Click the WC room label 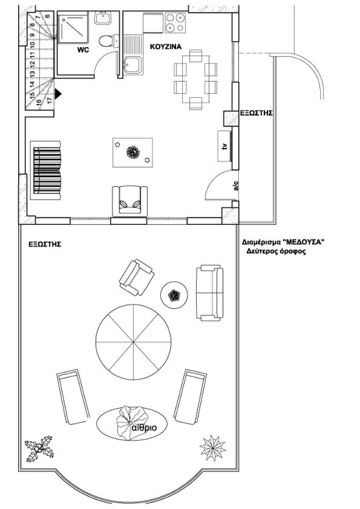click(x=83, y=50)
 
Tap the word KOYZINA click(x=166, y=47)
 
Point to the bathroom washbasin click(x=103, y=18)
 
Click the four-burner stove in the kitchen click(x=175, y=23)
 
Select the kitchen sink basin click(x=133, y=65)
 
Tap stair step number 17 click(x=50, y=100)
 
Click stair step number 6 click(x=47, y=16)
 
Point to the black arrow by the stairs click(x=57, y=94)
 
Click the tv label click(x=224, y=146)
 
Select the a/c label click(x=236, y=186)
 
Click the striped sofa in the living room click(x=45, y=170)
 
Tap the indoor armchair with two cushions click(x=129, y=201)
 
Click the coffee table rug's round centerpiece click(x=133, y=152)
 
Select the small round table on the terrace click(x=174, y=295)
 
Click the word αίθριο click(x=144, y=428)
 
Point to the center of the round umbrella click(x=133, y=342)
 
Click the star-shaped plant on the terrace click(x=213, y=449)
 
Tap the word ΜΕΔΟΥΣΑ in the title click(x=304, y=242)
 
